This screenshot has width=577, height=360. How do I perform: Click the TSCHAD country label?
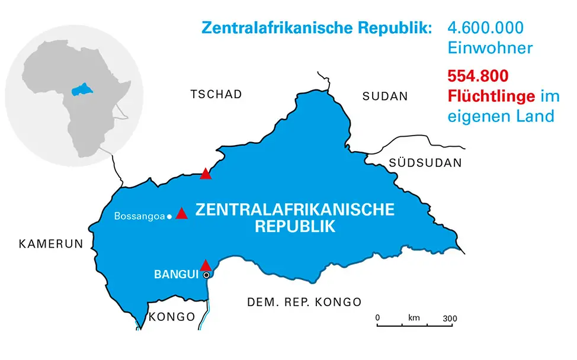point(216,95)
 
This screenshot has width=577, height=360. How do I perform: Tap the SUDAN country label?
point(385,97)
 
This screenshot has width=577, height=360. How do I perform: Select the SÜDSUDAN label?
point(425,163)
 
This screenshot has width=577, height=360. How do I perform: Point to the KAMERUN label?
point(50,243)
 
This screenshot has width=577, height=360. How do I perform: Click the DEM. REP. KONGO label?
point(304,303)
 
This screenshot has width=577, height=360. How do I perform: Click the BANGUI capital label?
point(176,275)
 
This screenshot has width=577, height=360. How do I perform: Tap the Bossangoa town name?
point(139,217)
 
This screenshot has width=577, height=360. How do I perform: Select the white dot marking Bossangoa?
point(169,217)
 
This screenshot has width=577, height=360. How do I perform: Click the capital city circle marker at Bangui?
point(206,275)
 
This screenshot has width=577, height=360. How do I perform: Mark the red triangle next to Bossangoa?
point(182,214)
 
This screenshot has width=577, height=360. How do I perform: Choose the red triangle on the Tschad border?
point(206,173)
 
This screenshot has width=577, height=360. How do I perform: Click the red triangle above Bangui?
point(205,265)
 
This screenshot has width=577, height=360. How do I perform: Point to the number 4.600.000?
point(486,28)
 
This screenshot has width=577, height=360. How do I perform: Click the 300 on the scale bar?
point(450,319)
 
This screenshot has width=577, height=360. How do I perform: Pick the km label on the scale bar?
point(414,319)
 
